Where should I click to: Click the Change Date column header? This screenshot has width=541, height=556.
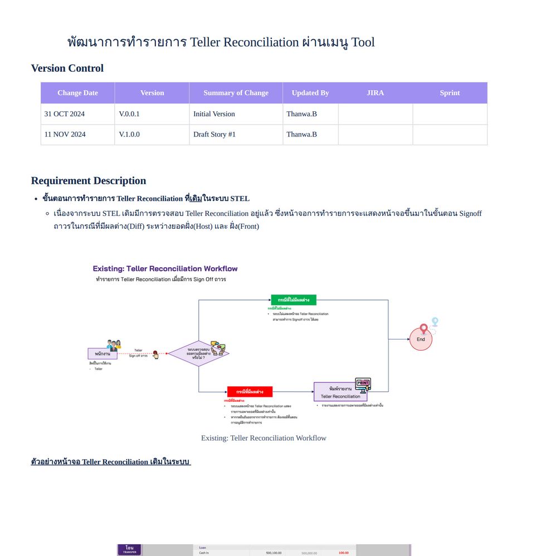(x=77, y=93)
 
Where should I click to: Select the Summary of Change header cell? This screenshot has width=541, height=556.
(x=236, y=93)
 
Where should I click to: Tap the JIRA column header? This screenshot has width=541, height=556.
(x=375, y=93)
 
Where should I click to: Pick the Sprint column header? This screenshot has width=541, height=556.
(x=450, y=93)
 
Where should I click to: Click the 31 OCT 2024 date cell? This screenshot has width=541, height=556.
(x=65, y=114)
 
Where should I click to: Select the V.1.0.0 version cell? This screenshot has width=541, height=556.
(x=129, y=134)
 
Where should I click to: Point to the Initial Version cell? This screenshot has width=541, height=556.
(x=214, y=114)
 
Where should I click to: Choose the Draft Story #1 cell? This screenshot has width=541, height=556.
(x=215, y=134)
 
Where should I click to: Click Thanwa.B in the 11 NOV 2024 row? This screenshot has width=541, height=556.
(x=301, y=134)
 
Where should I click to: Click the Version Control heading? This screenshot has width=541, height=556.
(x=67, y=68)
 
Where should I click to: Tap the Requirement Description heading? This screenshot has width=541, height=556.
(x=89, y=181)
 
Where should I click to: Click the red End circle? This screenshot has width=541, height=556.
(x=421, y=339)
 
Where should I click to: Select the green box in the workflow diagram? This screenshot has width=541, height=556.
(x=294, y=300)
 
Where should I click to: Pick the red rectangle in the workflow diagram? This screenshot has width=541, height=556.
(x=250, y=392)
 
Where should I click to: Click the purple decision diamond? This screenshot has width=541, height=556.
(x=198, y=353)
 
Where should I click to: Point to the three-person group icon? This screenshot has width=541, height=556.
(x=114, y=344)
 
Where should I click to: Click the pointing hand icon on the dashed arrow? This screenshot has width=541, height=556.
(x=155, y=355)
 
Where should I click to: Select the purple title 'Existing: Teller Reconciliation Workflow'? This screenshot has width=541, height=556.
(x=165, y=269)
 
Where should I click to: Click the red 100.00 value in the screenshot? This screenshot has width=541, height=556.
(x=343, y=553)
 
